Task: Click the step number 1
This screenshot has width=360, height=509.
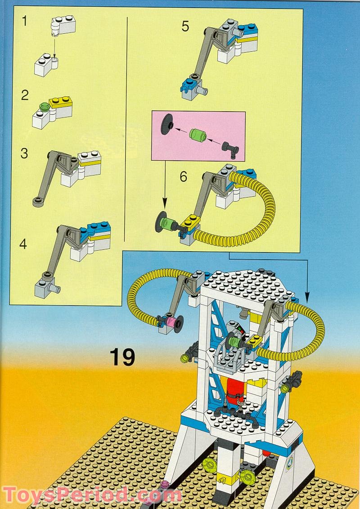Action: click(x=25, y=21)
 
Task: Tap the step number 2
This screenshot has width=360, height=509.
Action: click(x=25, y=95)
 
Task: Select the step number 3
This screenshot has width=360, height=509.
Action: click(x=24, y=153)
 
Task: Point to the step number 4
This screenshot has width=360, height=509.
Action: click(x=23, y=244)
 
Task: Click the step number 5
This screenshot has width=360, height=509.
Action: click(x=185, y=27)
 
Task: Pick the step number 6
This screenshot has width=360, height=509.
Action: click(x=184, y=177)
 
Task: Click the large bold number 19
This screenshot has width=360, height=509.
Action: click(x=122, y=357)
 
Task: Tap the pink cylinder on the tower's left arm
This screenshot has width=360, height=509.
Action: click(x=171, y=323)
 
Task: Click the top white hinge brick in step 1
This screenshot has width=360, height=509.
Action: click(x=63, y=26)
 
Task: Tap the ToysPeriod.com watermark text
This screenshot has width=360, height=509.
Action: click(x=93, y=495)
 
